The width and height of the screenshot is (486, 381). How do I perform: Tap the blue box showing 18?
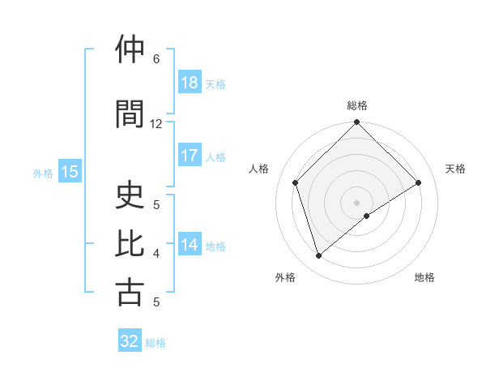pyautogui.click(x=189, y=83)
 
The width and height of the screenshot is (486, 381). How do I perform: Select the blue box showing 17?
pyautogui.click(x=189, y=156)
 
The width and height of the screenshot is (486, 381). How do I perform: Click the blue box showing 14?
pyautogui.click(x=189, y=245)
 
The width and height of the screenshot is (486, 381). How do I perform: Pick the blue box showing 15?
pyautogui.click(x=69, y=172)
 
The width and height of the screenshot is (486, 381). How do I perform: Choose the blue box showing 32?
pyautogui.click(x=130, y=341)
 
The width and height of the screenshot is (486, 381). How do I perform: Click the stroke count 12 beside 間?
pyautogui.click(x=156, y=124)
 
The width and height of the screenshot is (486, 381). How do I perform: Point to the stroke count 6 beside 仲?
pyautogui.click(x=156, y=59)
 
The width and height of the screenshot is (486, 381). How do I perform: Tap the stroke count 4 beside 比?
pyautogui.click(x=156, y=254)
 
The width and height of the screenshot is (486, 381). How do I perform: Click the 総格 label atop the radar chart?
pyautogui.click(x=357, y=105)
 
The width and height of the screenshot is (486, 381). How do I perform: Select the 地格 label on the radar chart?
pyautogui.click(x=424, y=278)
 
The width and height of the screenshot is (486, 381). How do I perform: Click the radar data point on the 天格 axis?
pyautogui.click(x=419, y=182)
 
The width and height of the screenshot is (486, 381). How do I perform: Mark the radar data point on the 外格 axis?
pyautogui.click(x=319, y=256)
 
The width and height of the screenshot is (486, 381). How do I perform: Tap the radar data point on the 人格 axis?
pyautogui.click(x=296, y=182)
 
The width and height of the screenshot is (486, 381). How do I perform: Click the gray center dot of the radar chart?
pyautogui.click(x=357, y=203)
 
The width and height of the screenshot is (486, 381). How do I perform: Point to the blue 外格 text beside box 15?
pyautogui.click(x=42, y=173)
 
